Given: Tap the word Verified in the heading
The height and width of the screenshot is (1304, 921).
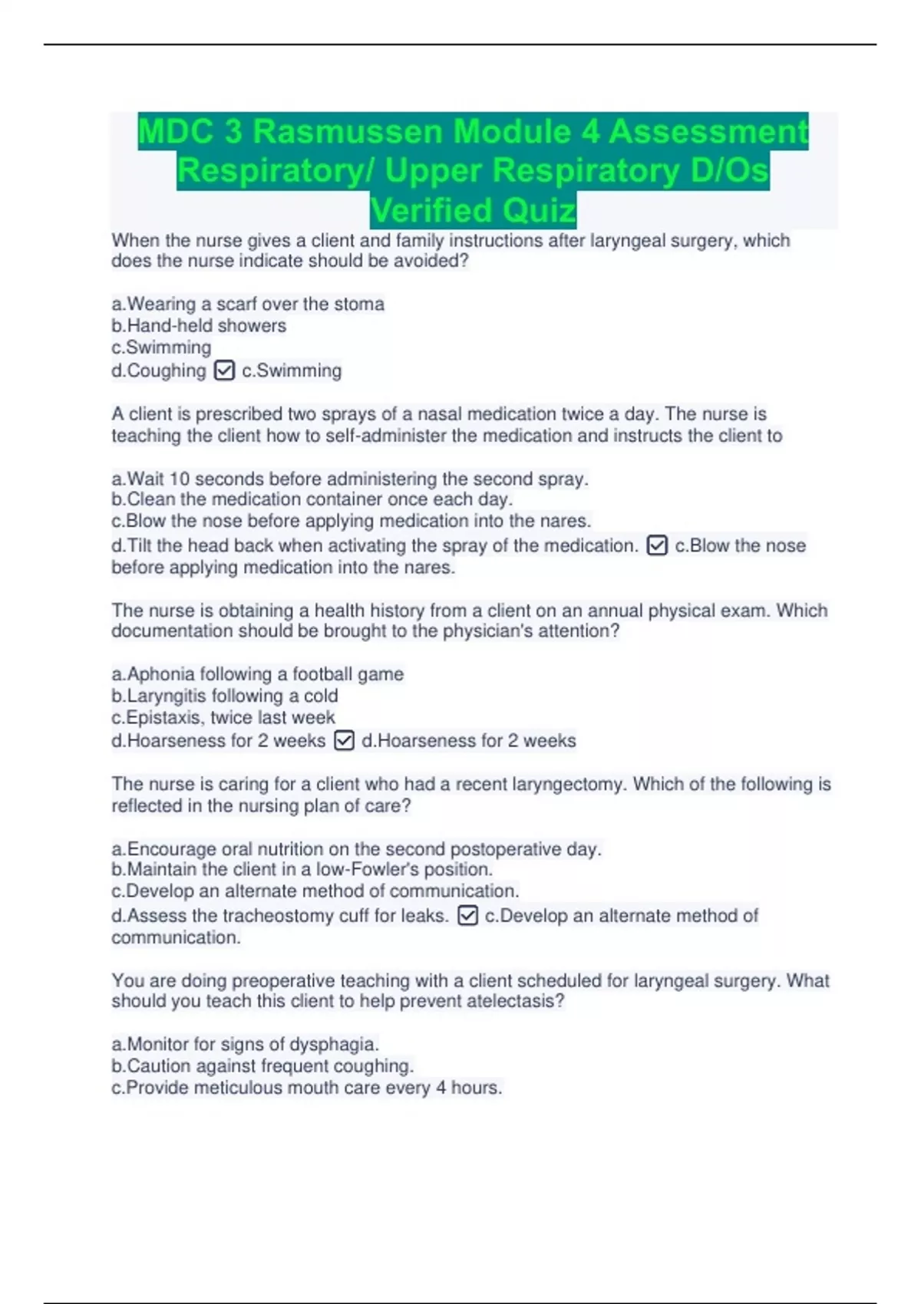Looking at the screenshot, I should click(422, 210).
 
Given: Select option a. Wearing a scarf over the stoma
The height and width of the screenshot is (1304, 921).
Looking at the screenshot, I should click(248, 305).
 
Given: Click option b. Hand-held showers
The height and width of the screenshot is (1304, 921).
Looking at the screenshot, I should click(199, 326).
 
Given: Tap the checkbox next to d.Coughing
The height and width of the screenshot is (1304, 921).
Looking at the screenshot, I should click(224, 370).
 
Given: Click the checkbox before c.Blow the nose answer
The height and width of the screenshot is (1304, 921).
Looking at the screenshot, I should click(657, 545).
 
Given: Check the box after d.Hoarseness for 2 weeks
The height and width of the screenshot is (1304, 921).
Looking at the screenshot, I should click(345, 740).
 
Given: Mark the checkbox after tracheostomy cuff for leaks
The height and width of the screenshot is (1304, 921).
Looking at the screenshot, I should click(467, 915).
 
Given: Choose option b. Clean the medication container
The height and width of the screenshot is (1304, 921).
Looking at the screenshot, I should click(312, 499).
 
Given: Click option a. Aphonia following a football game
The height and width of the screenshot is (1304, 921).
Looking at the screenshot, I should click(257, 674).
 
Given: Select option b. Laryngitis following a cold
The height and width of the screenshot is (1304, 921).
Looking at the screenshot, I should click(224, 696).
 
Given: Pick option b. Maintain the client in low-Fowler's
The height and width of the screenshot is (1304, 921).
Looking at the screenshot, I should click(302, 870).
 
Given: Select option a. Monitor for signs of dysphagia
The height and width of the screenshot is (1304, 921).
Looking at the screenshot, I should click(245, 1045).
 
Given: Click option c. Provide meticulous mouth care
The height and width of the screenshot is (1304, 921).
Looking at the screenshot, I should click(306, 1088).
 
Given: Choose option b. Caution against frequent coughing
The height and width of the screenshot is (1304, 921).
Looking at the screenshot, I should click(262, 1066).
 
